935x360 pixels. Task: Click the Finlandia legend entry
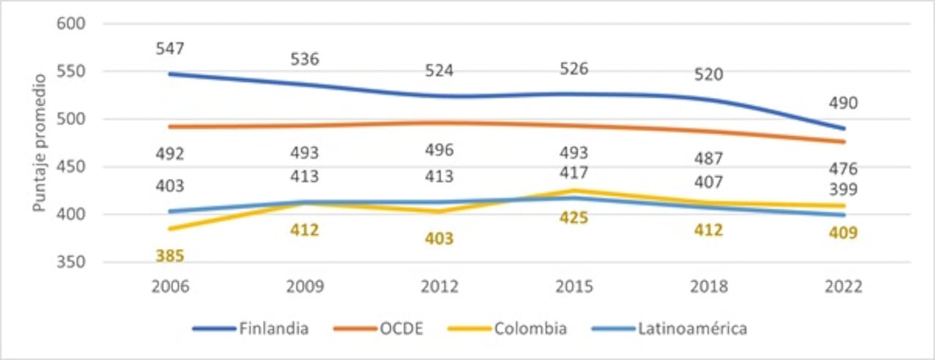pyautogui.click(x=273, y=329)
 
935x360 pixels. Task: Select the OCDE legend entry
pyautogui.click(x=400, y=329)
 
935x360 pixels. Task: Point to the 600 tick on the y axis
pyautogui.click(x=72, y=24)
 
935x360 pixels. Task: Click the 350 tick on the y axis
pyautogui.click(x=72, y=262)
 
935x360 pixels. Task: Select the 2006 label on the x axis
pyautogui.click(x=169, y=287)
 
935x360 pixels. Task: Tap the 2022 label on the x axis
pyautogui.click(x=844, y=287)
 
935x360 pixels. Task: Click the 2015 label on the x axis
pyautogui.click(x=574, y=287)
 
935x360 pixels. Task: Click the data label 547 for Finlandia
pyautogui.click(x=169, y=49)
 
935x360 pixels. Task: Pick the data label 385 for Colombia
pyautogui.click(x=169, y=256)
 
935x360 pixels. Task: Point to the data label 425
pyautogui.click(x=574, y=218)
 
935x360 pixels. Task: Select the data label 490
pyautogui.click(x=844, y=104)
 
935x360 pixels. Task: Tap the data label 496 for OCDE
pyautogui.click(x=440, y=150)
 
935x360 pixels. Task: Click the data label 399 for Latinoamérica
pyautogui.click(x=844, y=191)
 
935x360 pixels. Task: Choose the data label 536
pyautogui.click(x=305, y=59)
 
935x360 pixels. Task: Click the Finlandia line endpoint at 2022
pyautogui.click(x=844, y=129)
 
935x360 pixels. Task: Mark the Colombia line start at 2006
pyautogui.click(x=169, y=229)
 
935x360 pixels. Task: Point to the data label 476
pyautogui.click(x=844, y=169)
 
